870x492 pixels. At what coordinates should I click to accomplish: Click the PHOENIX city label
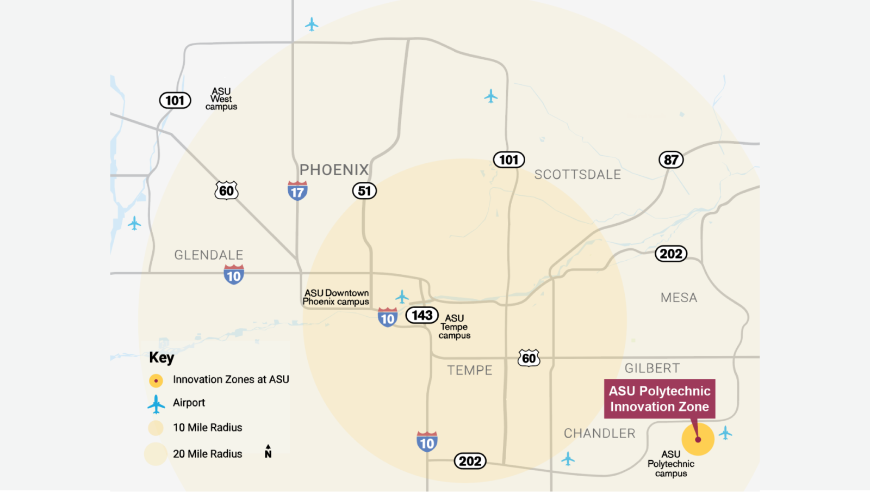(x=334, y=170)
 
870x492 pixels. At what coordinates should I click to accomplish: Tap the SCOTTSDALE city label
(x=577, y=175)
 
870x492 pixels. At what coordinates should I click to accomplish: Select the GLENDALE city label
(x=209, y=255)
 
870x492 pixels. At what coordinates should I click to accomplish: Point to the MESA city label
(x=679, y=298)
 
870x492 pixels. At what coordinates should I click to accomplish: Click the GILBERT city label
(x=652, y=368)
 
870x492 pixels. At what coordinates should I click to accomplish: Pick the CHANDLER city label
(x=599, y=433)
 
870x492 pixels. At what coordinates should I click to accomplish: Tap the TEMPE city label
(x=470, y=371)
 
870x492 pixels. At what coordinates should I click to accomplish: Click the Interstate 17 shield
(x=297, y=191)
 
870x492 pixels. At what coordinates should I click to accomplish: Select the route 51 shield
(x=364, y=191)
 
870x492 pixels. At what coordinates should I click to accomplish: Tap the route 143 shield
(x=422, y=315)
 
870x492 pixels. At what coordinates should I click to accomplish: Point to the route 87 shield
(x=671, y=160)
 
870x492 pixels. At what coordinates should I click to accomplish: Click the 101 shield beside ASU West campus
(x=175, y=101)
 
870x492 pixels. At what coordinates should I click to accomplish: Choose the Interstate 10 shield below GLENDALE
(x=234, y=275)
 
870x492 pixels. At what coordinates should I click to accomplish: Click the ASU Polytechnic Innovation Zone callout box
(x=660, y=399)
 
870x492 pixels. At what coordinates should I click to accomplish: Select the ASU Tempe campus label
(x=455, y=327)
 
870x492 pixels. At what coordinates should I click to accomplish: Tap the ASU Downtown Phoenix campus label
(x=336, y=297)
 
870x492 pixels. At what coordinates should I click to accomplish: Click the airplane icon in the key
(x=156, y=404)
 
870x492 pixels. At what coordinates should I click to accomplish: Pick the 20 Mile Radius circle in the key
(x=156, y=454)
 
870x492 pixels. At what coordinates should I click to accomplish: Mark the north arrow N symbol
(x=268, y=451)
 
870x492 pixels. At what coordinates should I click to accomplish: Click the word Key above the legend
(x=161, y=358)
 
